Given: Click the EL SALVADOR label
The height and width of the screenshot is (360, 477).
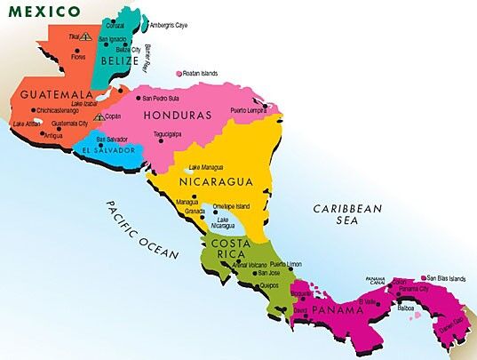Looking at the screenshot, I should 107,151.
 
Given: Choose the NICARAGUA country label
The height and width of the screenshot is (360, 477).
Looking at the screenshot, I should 217,182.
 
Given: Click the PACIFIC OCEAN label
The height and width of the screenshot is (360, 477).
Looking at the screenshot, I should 142,229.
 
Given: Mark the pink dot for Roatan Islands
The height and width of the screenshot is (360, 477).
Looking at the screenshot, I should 179,74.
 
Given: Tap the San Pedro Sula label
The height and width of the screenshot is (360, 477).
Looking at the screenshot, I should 161,98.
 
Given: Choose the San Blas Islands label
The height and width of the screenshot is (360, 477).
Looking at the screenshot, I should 446,278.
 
